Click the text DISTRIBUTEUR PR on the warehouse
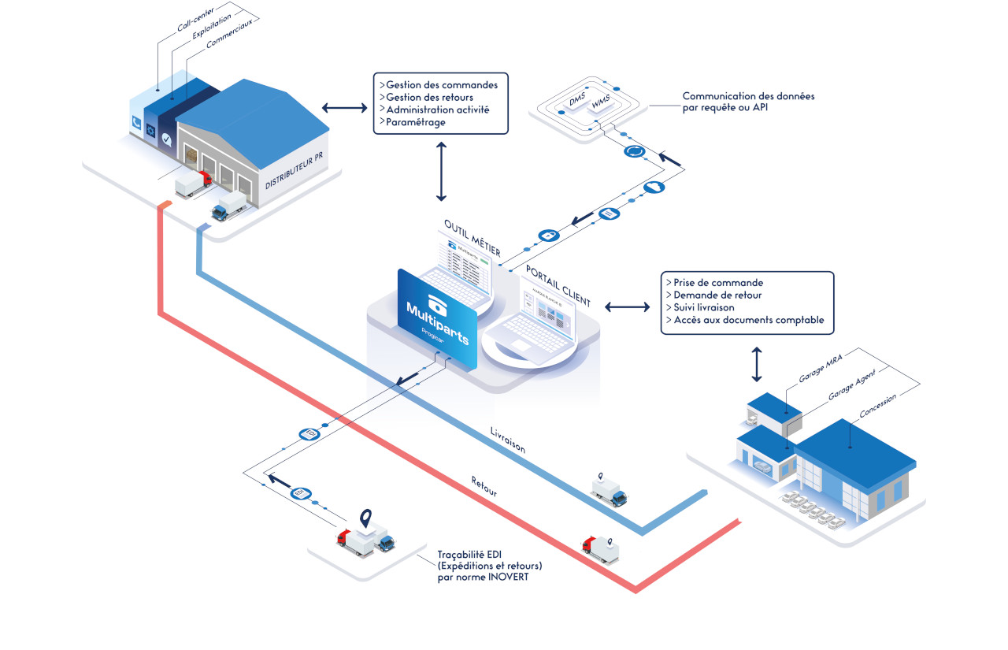294,169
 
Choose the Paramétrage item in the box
415,122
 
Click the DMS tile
580,102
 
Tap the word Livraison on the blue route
507,439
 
